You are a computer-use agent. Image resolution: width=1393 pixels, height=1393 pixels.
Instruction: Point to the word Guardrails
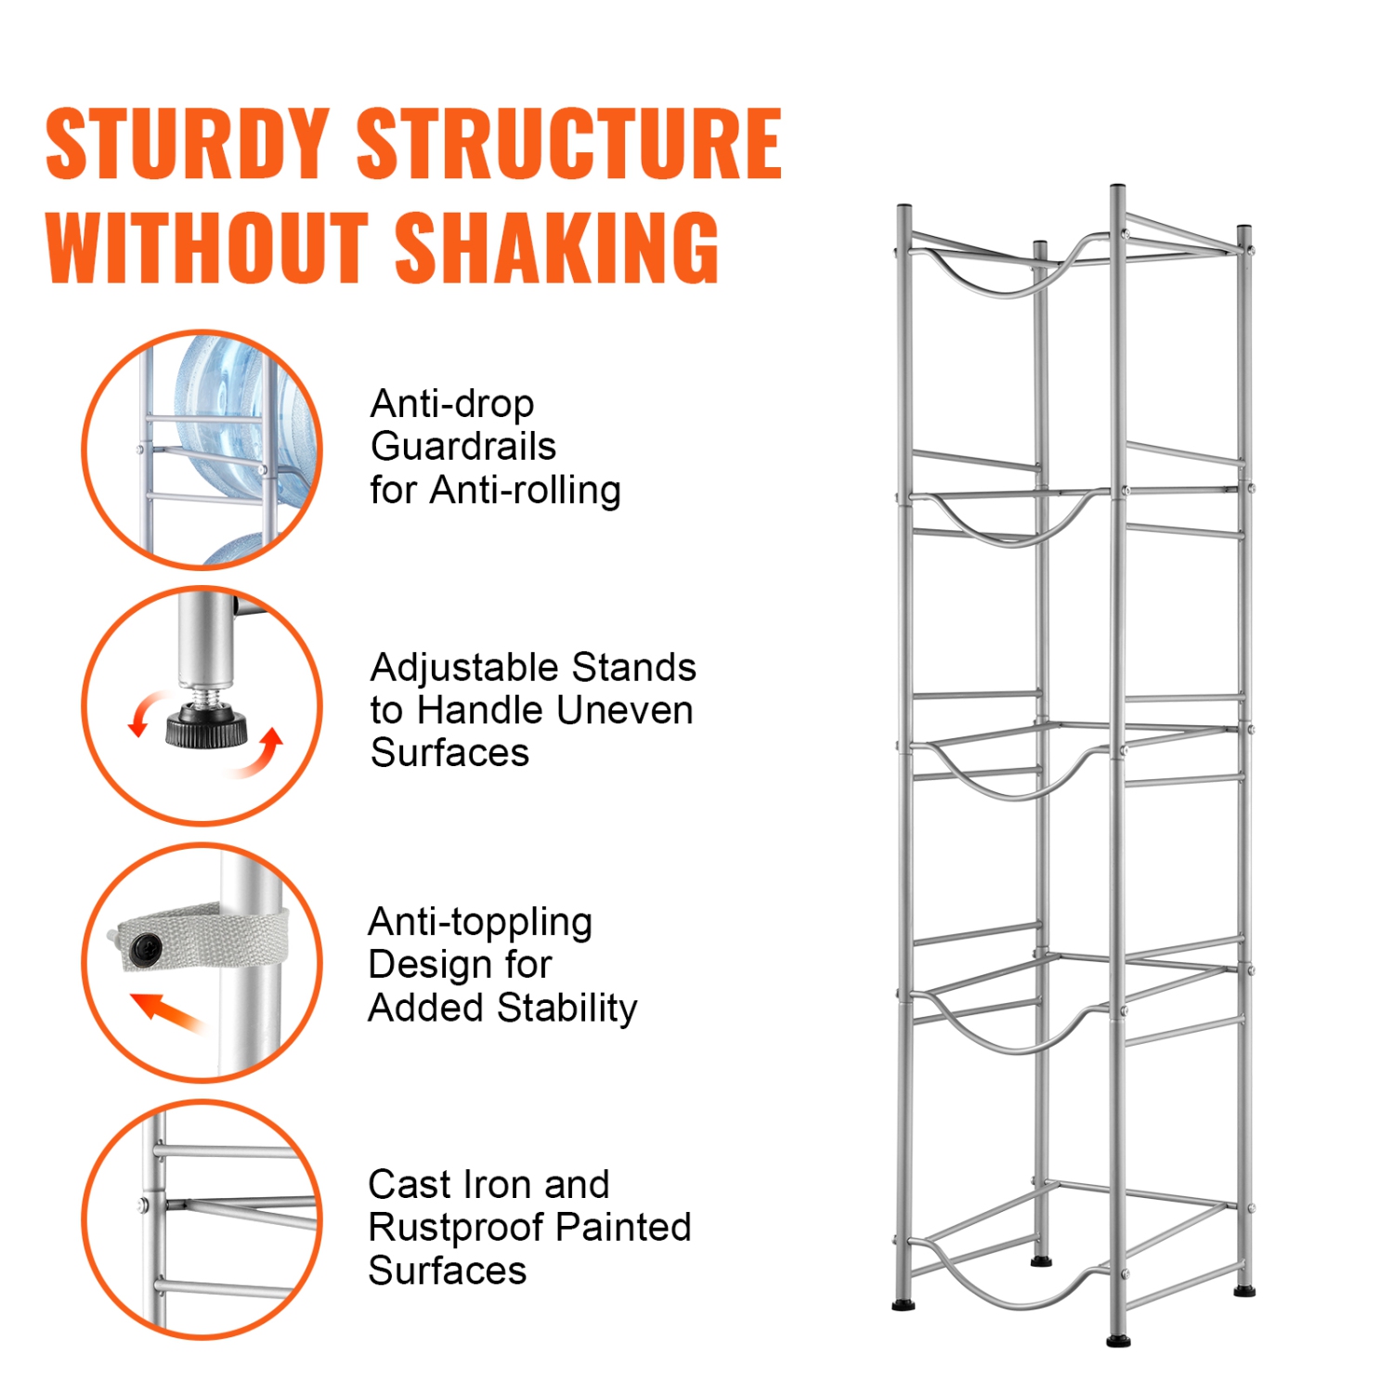coord(463,447)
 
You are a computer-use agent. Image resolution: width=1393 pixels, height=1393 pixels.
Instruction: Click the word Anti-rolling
coord(526,490)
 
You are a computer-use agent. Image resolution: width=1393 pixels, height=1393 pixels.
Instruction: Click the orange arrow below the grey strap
coord(167,1011)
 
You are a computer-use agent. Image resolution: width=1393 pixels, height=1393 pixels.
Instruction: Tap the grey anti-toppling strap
coord(200,937)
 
